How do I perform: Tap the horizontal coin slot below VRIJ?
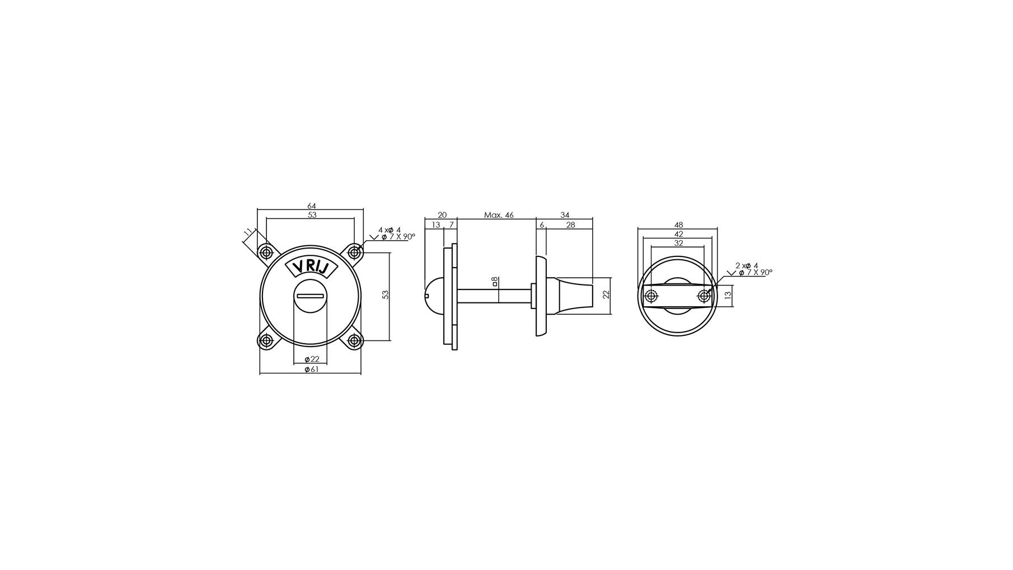pyautogui.click(x=311, y=296)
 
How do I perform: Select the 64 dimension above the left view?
pyautogui.click(x=312, y=206)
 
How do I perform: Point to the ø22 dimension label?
pyautogui.click(x=312, y=359)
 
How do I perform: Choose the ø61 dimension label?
pyautogui.click(x=311, y=370)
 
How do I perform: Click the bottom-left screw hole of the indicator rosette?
pyautogui.click(x=266, y=340)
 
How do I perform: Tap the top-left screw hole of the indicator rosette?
pyautogui.click(x=265, y=252)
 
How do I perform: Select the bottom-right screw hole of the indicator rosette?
pyautogui.click(x=354, y=340)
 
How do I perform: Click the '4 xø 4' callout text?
pyautogui.click(x=390, y=230)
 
